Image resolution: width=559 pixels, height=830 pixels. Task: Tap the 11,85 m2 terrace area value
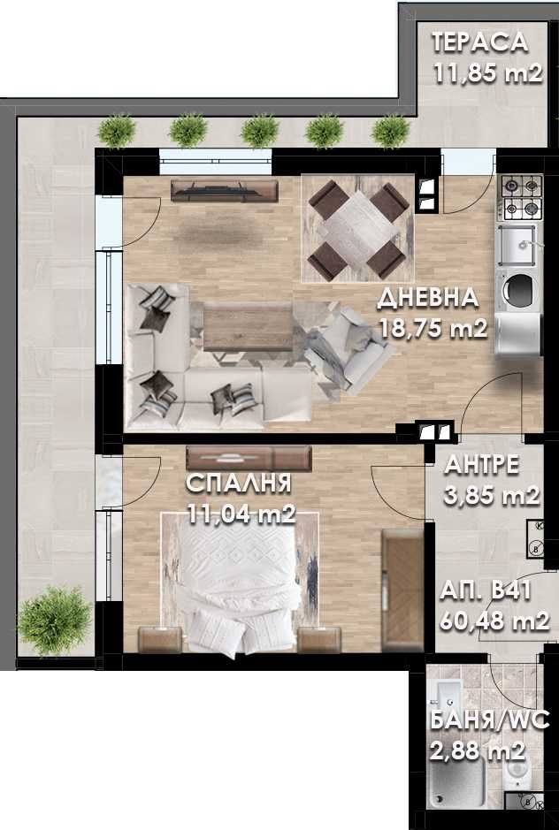pyautogui.click(x=487, y=73)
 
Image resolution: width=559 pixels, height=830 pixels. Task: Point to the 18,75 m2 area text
pyautogui.click(x=433, y=330)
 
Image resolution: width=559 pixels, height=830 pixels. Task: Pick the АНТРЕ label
pyautogui.click(x=481, y=465)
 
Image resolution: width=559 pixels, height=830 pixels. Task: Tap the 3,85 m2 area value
pyautogui.click(x=492, y=496)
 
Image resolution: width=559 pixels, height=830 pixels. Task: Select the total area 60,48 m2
pyautogui.click(x=498, y=620)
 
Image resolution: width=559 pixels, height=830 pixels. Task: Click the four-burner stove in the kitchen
pyautogui.click(x=522, y=198)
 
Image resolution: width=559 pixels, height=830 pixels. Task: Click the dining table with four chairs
pyautogui.click(x=356, y=228)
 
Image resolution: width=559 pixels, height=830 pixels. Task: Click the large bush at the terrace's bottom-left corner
pyautogui.click(x=53, y=614)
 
